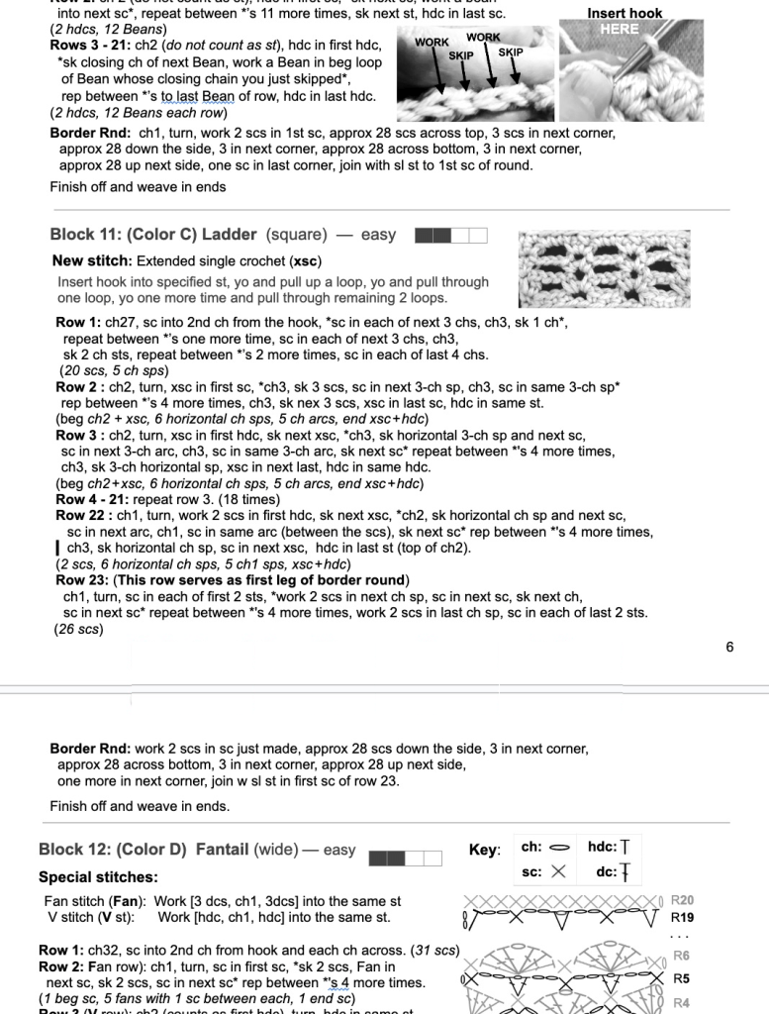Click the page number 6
pos(729,647)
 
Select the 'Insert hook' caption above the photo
pos(625,14)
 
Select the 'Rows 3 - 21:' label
pos(86,46)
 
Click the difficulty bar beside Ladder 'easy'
pos(451,236)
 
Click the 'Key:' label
pos(484,850)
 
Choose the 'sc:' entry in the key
pos(531,871)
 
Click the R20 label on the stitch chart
pos(682,900)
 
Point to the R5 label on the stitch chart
pos(682,978)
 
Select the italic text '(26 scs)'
pos(78,628)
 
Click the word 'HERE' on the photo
pos(620,29)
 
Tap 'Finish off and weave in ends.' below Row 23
pos(140,806)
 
